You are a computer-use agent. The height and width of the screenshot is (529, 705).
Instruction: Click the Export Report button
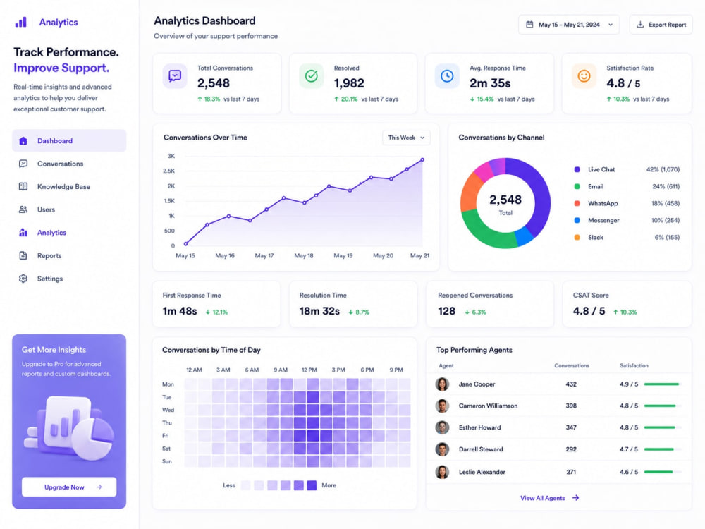pyautogui.click(x=661, y=25)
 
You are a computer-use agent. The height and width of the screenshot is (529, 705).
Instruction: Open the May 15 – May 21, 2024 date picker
pyautogui.click(x=569, y=25)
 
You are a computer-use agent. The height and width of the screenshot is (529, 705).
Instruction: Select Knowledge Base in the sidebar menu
pyautogui.click(x=63, y=187)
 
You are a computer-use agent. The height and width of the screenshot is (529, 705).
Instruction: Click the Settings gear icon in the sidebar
pyautogui.click(x=23, y=279)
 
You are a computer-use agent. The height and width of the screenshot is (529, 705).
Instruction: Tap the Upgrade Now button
pyautogui.click(x=69, y=487)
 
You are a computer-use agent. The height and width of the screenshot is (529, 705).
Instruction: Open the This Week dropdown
pyautogui.click(x=406, y=138)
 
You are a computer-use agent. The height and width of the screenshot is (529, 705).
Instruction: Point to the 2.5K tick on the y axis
pyautogui.click(x=169, y=171)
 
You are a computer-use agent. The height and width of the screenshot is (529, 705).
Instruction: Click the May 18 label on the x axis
pyautogui.click(x=303, y=255)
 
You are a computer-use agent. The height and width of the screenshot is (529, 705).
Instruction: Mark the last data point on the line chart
pyautogui.click(x=422, y=159)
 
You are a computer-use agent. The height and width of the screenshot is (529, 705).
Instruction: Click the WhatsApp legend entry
pyautogui.click(x=603, y=203)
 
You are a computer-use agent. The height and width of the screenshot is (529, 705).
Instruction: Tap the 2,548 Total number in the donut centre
pyautogui.click(x=505, y=200)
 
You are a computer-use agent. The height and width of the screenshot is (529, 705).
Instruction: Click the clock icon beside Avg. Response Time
pyautogui.click(x=447, y=76)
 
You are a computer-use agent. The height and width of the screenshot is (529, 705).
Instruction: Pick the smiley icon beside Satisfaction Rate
pyautogui.click(x=584, y=76)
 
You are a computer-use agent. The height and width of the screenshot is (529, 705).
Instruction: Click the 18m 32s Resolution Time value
pyautogui.click(x=319, y=311)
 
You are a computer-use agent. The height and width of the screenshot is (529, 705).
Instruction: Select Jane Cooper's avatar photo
pyautogui.click(x=443, y=384)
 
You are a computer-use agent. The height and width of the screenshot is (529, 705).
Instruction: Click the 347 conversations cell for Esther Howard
pyautogui.click(x=571, y=427)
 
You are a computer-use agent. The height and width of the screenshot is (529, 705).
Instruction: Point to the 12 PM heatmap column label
pyautogui.click(x=309, y=370)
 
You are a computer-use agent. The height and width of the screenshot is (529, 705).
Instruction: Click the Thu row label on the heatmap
pyautogui.click(x=167, y=422)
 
